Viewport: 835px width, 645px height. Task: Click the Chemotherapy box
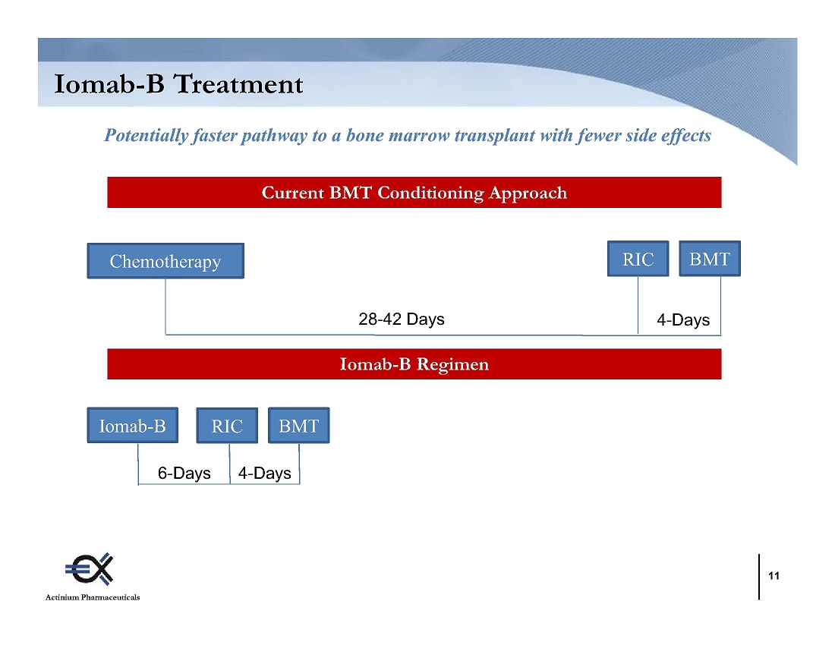165,261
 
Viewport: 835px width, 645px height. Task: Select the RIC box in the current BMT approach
638,259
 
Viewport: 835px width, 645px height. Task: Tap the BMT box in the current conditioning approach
710,259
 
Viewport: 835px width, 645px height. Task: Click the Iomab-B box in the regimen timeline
133,425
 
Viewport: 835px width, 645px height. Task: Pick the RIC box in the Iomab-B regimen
227,425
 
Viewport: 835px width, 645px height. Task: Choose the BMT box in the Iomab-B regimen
299,425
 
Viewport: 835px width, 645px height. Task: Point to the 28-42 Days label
402,319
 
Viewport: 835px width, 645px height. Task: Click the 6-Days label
184,473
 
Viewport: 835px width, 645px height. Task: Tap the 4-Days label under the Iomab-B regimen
265,473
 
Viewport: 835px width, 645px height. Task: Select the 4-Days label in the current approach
683,319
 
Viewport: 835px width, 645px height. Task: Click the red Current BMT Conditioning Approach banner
414,192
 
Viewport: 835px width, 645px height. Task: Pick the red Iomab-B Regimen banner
414,364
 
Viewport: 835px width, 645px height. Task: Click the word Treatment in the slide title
238,84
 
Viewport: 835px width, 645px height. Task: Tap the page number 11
774,576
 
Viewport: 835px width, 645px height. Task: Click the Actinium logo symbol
90,569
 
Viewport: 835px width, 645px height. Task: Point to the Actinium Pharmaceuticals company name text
93,597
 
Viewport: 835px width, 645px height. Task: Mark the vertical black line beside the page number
759,577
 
